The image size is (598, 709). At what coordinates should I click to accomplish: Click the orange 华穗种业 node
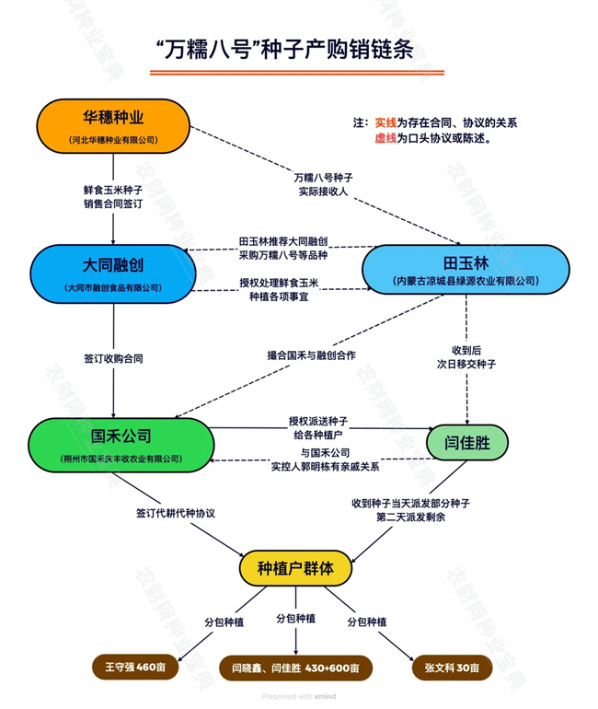[113, 127]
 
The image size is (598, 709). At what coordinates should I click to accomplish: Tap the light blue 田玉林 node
[464, 270]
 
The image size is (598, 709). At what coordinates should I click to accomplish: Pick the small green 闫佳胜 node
[466, 443]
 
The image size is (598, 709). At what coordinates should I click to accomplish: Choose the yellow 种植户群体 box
[295, 567]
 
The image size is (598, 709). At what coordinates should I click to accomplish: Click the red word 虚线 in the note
[385, 138]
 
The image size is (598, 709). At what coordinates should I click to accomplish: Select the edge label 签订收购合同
[113, 357]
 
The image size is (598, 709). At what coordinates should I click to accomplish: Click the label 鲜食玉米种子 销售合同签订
[113, 196]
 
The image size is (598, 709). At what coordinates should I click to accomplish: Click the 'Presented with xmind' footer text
[298, 697]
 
